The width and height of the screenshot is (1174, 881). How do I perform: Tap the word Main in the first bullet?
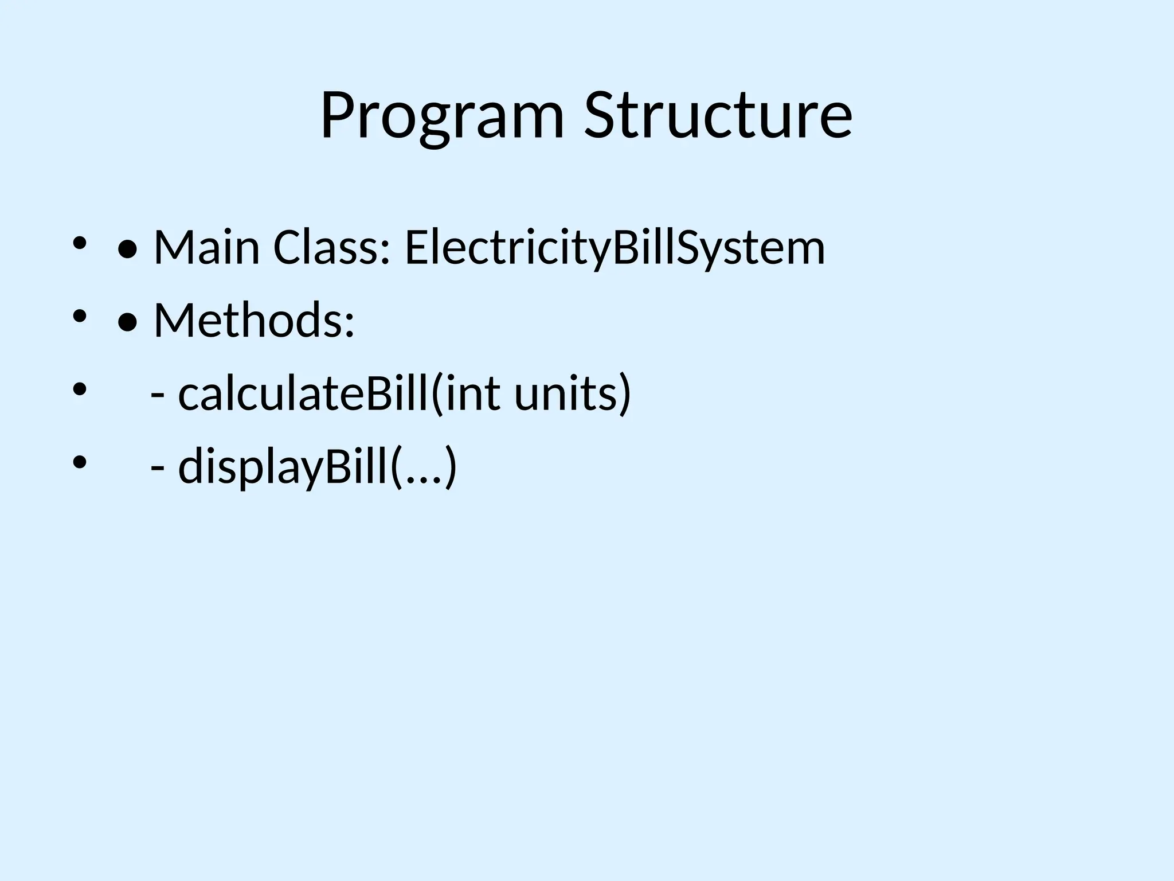(x=206, y=248)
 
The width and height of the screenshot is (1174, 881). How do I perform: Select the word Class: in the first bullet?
(x=332, y=248)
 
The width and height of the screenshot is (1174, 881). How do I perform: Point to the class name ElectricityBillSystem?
(x=615, y=248)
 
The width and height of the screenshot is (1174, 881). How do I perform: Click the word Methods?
(x=255, y=320)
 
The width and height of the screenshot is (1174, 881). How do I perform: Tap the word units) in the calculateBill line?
(x=572, y=393)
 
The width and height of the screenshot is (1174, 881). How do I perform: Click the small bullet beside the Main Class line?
(x=79, y=243)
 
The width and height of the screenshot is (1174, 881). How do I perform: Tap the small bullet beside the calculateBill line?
(x=79, y=389)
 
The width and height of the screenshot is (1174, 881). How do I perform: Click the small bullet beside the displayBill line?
(x=79, y=461)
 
